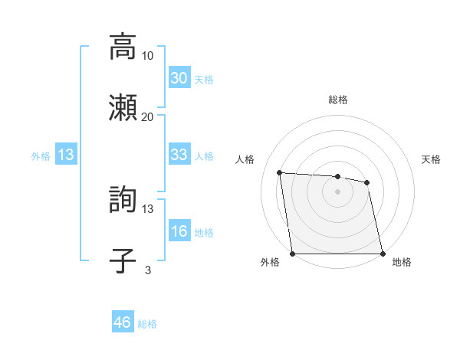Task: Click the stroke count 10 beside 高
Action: coord(148,55)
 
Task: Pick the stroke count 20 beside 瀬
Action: coord(148,116)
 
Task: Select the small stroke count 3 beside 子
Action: coord(148,270)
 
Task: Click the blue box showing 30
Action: coord(179,78)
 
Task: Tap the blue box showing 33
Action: coord(179,155)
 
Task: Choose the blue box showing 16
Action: coord(179,231)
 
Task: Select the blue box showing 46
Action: coord(122,322)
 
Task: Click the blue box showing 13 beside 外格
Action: coord(65,155)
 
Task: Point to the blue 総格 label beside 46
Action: coord(147,324)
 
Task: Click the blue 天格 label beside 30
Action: coord(204,80)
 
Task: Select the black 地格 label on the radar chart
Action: coord(402,262)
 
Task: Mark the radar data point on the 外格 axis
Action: coord(293,253)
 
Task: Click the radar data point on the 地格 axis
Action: coord(382,253)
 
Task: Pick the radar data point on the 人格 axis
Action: coord(280,173)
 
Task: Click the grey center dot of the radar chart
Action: coord(337,191)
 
